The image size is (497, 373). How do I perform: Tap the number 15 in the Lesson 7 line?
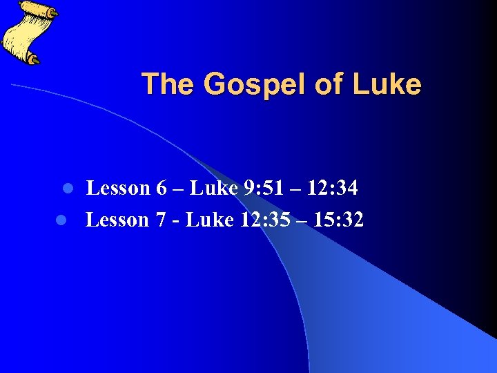click(318, 220)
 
